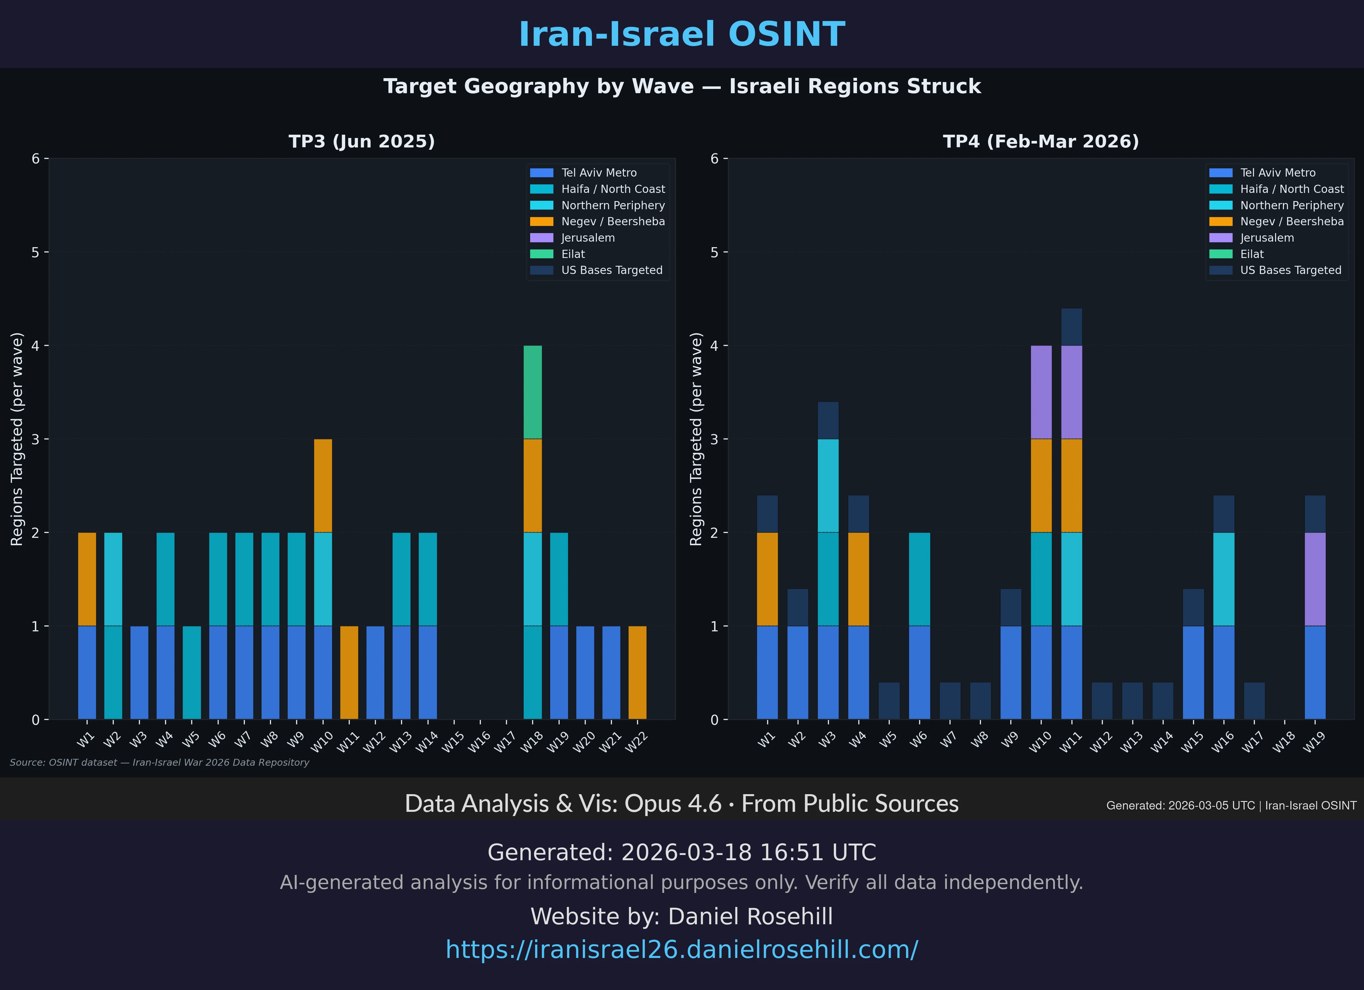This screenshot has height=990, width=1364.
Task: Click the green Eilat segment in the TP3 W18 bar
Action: (532, 392)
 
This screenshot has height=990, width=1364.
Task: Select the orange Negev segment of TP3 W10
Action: (323, 486)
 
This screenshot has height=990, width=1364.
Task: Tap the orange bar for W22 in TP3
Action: (637, 673)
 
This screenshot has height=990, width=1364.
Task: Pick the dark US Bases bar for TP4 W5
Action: (889, 701)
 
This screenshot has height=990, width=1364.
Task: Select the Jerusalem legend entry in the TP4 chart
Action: (1267, 238)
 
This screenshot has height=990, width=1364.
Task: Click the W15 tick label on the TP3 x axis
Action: (453, 742)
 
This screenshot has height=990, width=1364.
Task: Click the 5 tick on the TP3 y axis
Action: (36, 253)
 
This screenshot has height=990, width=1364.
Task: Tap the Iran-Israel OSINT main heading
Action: (682, 34)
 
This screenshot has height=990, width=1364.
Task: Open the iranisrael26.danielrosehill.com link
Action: (682, 950)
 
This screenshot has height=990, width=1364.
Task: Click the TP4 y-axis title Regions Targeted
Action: (696, 439)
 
